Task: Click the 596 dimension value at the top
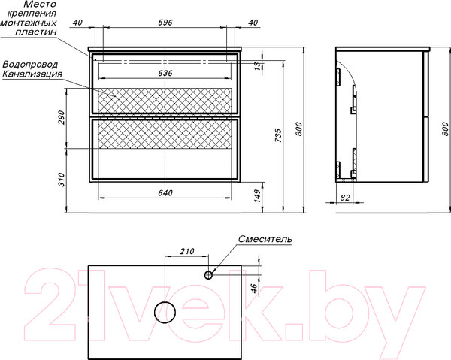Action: tap(165, 23)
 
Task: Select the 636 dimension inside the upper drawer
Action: tap(165, 74)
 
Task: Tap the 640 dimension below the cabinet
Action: tap(165, 193)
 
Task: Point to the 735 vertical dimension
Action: tap(278, 136)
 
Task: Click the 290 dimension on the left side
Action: tap(62, 117)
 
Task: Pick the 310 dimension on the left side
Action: tap(62, 180)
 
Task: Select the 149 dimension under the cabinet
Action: tap(257, 196)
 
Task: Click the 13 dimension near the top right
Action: tap(258, 66)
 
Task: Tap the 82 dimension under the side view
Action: tap(345, 198)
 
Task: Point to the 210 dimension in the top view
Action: tap(187, 251)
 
